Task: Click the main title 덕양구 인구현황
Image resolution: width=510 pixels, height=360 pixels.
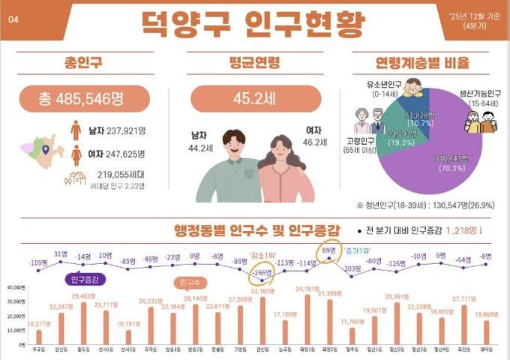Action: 253,22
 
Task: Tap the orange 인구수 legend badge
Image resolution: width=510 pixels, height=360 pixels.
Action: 193,283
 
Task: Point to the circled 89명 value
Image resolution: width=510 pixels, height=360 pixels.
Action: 327,250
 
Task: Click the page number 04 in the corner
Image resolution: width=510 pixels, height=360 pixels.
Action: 13,20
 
